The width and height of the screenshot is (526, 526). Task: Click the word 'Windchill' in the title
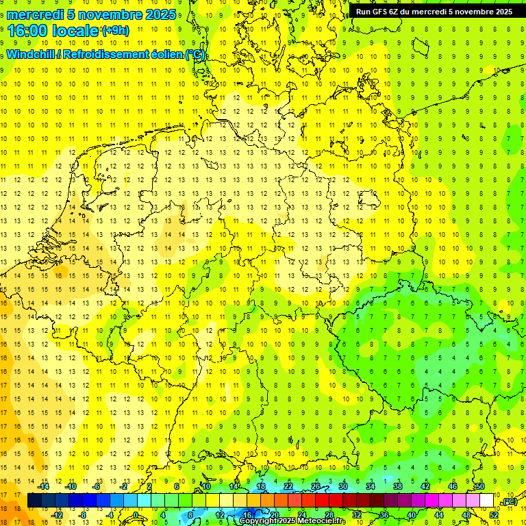pos(32,55)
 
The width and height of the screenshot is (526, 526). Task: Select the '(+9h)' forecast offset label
pos(114,30)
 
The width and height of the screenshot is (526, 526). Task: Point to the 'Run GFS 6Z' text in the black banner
pos(376,12)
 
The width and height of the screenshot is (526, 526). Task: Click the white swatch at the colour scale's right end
pos(486,501)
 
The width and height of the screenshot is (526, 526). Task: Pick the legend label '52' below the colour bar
pos(494,515)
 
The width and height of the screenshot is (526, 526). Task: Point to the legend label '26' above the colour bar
pos(316,486)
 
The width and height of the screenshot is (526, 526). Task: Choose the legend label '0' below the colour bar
pos(136,515)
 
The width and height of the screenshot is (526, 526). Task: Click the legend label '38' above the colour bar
pos(397,486)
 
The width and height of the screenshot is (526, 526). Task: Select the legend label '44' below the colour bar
pos(439,515)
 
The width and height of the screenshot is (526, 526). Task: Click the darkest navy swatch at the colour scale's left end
pos(34,501)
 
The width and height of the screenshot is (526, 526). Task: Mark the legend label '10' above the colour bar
pos(206,486)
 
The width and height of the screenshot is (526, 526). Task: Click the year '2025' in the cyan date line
pos(161,14)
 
